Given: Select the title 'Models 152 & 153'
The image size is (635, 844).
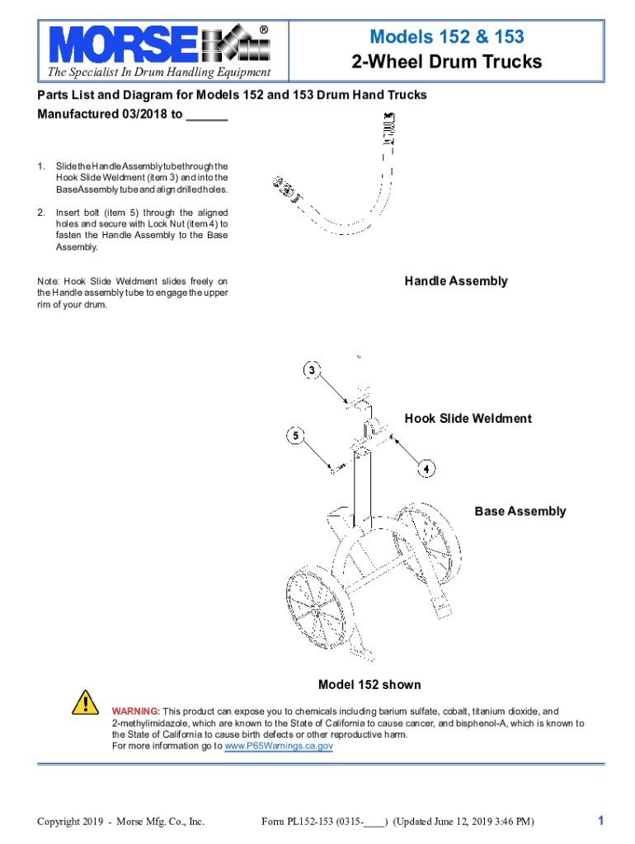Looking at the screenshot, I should [446, 37].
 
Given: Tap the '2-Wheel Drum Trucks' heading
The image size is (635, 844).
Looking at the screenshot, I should [446, 62].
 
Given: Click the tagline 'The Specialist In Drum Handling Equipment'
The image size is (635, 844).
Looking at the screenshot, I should [159, 75].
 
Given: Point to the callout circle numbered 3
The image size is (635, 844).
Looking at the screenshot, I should [312, 370].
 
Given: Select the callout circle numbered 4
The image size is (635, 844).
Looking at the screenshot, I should [426, 469].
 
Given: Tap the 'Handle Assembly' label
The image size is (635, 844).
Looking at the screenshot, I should [455, 281].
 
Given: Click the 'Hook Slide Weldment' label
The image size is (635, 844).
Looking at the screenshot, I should [468, 419].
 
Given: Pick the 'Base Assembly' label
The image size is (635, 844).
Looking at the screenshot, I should [520, 511].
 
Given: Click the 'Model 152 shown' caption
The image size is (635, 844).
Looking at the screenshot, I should [369, 685].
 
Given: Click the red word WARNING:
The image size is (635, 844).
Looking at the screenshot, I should [136, 711].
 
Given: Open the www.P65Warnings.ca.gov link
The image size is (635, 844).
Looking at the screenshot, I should [279, 746].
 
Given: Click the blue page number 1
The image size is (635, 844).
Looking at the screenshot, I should [601, 820].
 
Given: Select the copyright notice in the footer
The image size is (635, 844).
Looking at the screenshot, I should [120, 821].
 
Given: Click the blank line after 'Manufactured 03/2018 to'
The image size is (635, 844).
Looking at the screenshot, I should [207, 115].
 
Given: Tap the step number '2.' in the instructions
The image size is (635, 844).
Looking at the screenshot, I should [41, 213].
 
